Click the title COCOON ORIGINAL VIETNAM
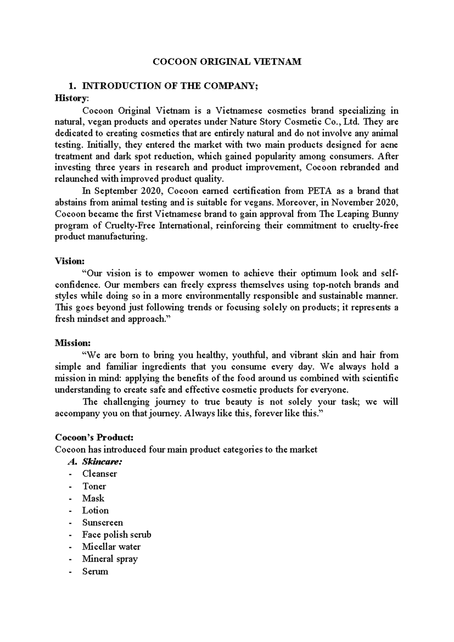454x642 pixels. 227,62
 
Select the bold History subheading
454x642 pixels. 71,98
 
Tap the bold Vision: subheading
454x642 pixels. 70,261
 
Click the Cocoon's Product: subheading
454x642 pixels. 94,437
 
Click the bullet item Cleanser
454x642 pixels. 100,474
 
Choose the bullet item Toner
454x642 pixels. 94,486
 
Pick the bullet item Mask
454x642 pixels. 93,498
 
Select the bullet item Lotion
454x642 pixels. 95,510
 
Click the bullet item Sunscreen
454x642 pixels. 103,522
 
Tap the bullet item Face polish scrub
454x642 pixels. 117,534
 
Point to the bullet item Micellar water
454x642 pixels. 111,547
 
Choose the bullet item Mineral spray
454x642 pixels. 110,559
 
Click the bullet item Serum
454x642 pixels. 95,571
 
